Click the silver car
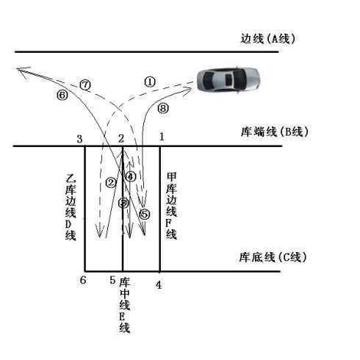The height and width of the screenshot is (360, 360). point(228,79)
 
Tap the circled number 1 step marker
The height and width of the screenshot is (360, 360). point(150,82)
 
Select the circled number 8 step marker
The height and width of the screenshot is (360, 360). point(163,108)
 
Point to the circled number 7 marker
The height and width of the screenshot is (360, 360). point(85,85)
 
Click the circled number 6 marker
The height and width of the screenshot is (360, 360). point(62,95)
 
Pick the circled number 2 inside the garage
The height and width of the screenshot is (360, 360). point(111,182)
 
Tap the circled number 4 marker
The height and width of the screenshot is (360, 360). point(130,176)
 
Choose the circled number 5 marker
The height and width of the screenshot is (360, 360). point(145,215)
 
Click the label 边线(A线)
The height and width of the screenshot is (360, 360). point(267,39)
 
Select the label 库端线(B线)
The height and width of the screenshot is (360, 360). point(274,132)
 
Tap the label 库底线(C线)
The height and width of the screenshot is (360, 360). point(273,257)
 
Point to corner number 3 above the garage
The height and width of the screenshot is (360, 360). point(79,139)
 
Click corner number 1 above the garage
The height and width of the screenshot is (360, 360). point(162,137)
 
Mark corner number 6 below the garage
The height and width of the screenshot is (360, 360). point(83,280)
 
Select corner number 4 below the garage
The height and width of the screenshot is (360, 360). point(159,285)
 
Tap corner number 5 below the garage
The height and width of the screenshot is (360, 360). point(112,280)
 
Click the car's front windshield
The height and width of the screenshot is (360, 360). point(209,79)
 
